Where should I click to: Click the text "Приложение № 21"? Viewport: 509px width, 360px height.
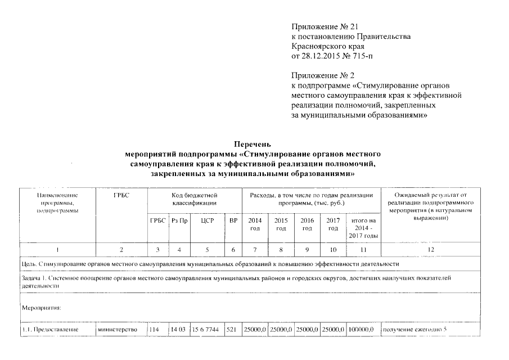point(325,27)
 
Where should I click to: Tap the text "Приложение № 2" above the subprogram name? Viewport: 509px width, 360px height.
point(322,75)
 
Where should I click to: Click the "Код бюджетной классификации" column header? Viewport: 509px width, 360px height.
point(194,198)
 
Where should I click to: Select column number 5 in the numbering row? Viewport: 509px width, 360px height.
point(205,249)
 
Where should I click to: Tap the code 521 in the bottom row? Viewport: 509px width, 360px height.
point(233,330)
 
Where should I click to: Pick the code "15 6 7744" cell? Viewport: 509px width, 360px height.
point(205,330)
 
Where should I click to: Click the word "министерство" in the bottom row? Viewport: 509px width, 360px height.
point(118,330)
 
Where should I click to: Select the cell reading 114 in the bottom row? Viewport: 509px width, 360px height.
point(155,330)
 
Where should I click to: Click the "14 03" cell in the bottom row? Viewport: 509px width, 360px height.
point(179,330)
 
